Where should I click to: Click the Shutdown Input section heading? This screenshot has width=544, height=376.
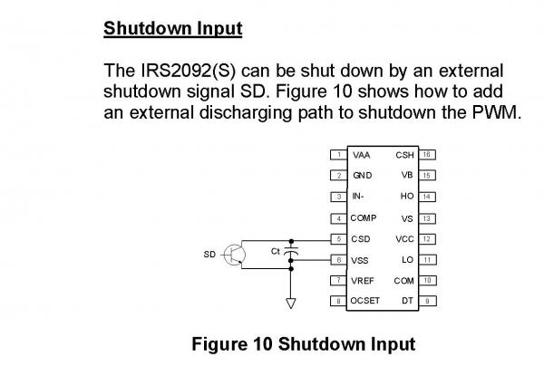[x=173, y=29]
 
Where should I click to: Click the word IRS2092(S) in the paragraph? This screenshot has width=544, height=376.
[x=189, y=71]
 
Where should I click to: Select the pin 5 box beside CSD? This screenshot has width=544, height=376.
[x=338, y=239]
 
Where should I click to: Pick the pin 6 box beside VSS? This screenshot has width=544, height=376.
[x=338, y=260]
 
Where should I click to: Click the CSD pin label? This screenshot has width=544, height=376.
[x=361, y=239]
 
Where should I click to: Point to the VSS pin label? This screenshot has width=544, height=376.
[x=360, y=260]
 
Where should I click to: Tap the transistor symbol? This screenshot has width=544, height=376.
[x=235, y=255]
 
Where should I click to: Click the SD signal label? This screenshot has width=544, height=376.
[x=209, y=255]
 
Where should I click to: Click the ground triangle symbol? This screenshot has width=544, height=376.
[x=291, y=304]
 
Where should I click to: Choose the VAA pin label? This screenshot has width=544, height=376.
[x=361, y=155]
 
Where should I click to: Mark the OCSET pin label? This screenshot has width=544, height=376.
[x=365, y=301]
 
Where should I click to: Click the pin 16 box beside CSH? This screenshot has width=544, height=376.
[x=427, y=155]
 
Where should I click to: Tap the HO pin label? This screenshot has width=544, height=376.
[x=407, y=197]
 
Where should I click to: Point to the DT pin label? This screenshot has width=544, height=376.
[x=408, y=301]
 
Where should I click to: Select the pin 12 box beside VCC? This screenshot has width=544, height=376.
[x=427, y=239]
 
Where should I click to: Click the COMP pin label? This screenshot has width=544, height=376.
[x=364, y=218]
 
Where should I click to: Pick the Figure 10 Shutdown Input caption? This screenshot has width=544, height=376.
[x=304, y=344]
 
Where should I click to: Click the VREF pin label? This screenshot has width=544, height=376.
[x=363, y=281]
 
